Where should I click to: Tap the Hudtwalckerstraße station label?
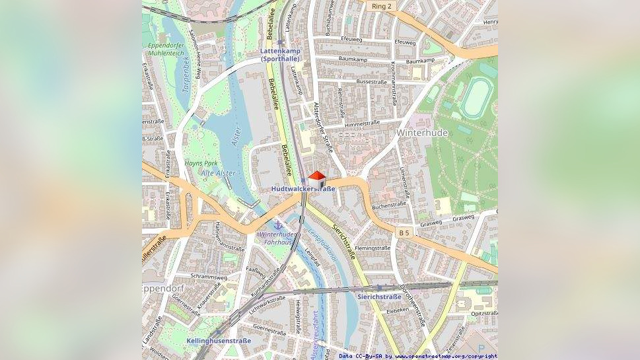click(303, 189)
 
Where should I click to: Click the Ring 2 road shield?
click(381, 6)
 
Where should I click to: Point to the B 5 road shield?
click(404, 233)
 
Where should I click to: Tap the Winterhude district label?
click(422, 133)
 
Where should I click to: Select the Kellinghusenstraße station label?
click(219, 341)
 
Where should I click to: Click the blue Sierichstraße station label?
click(379, 297)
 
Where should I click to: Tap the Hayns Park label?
click(201, 162)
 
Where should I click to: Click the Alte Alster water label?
click(219, 173)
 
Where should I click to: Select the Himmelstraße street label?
click(362, 123)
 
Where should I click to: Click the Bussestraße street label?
click(371, 81)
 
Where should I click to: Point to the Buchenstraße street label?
click(389, 205)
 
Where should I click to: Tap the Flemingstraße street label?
click(373, 248)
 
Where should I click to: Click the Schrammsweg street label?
click(209, 277)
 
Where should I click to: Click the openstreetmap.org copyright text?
click(446, 356)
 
